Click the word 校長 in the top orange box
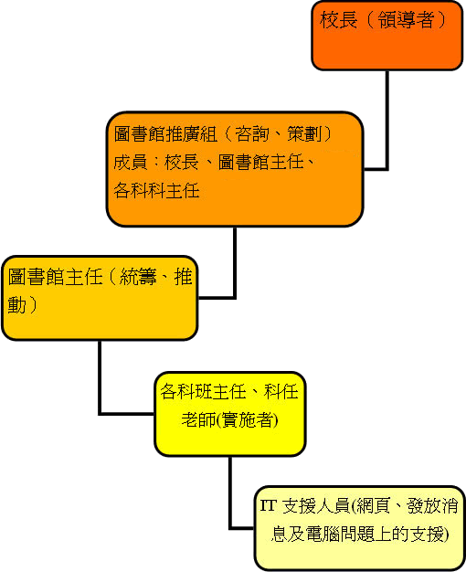click(338, 20)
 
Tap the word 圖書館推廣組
click(166, 134)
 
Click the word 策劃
click(304, 134)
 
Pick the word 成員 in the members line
click(131, 163)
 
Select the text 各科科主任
click(156, 190)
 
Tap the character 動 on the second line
click(17, 304)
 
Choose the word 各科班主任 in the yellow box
click(203, 392)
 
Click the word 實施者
click(247, 420)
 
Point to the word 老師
click(199, 420)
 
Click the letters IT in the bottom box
click(269, 505)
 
